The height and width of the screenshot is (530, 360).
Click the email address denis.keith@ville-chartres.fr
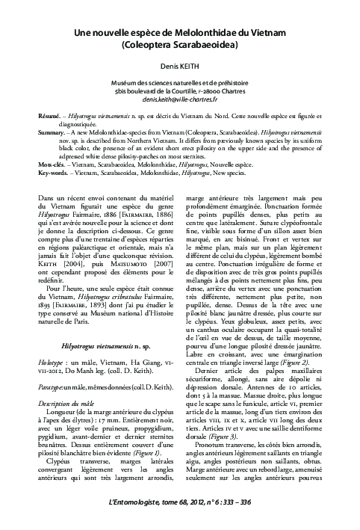pyautogui.click(x=180, y=99)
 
